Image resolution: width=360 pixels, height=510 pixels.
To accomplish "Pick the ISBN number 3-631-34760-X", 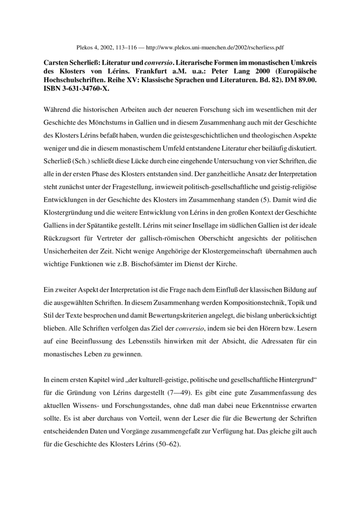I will (75, 89).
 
